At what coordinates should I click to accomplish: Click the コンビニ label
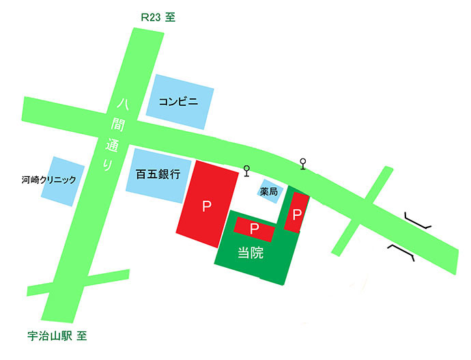(x=178, y=102)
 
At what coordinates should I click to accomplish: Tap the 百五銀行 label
(x=154, y=174)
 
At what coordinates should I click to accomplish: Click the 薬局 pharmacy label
(x=269, y=192)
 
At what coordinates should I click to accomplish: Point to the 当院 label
(x=251, y=253)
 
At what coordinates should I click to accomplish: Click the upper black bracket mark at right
(x=417, y=221)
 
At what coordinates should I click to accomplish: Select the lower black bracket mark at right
(x=402, y=251)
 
